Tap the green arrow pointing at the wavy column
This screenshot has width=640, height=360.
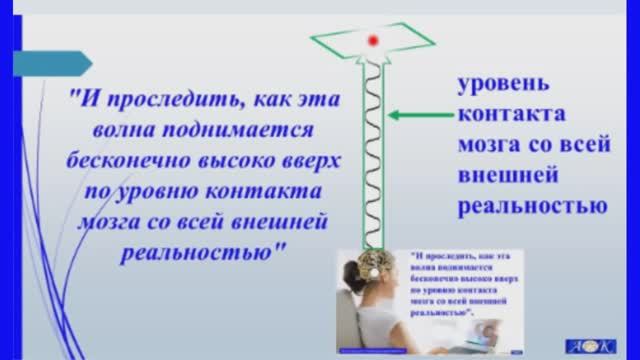pyautogui.click(x=413, y=116)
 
